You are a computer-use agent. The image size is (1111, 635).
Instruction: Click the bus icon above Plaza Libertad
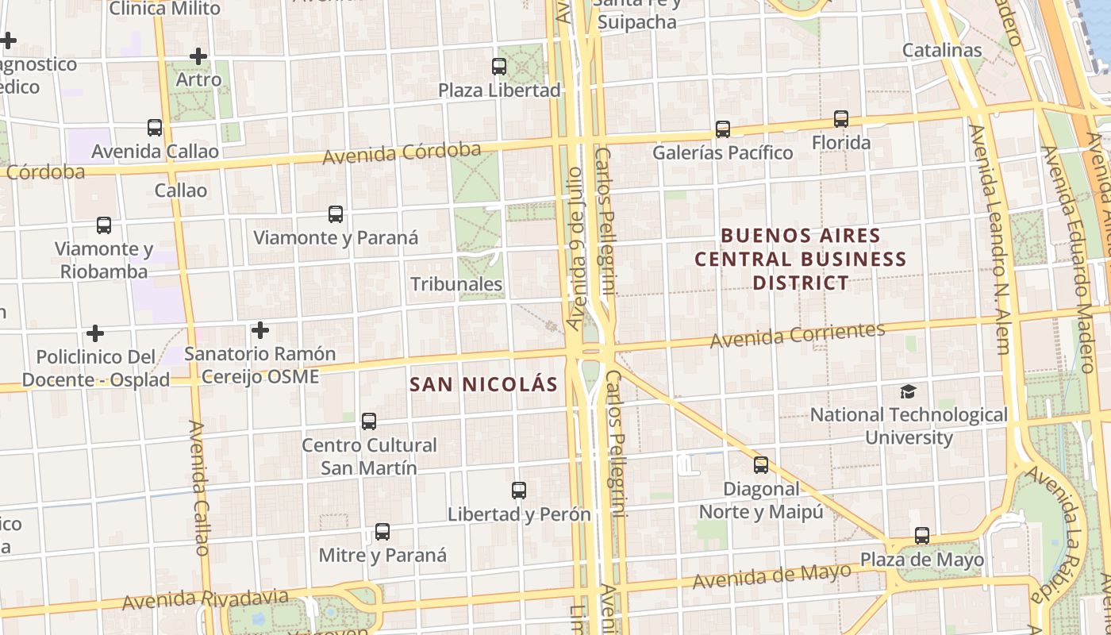click(x=499, y=67)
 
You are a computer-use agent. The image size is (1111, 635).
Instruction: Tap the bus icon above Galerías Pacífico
click(x=722, y=129)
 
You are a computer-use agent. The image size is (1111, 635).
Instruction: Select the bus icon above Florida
click(x=841, y=119)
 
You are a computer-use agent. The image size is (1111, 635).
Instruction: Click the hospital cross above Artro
click(x=198, y=56)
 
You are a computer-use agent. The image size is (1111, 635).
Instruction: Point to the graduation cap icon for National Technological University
click(x=908, y=391)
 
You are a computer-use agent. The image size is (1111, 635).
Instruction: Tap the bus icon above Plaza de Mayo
click(x=921, y=536)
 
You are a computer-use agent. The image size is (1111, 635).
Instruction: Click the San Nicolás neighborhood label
click(x=484, y=385)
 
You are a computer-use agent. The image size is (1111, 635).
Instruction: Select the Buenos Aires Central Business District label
click(x=801, y=259)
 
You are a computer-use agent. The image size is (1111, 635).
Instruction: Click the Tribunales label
click(x=456, y=284)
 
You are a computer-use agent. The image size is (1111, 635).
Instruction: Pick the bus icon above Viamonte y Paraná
click(x=336, y=214)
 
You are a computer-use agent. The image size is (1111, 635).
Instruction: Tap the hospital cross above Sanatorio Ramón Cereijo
click(x=260, y=330)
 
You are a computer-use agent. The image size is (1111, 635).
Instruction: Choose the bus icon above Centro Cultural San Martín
click(x=369, y=421)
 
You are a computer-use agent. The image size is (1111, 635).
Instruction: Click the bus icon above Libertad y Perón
click(x=519, y=491)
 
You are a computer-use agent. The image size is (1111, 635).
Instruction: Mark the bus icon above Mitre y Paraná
click(x=383, y=532)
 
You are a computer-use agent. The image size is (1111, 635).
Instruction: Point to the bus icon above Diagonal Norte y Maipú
click(x=761, y=465)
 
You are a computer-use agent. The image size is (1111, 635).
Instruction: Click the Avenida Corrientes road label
click(x=797, y=335)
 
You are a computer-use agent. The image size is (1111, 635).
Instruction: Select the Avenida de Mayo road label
click(x=771, y=575)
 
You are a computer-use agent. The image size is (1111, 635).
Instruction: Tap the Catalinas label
click(x=942, y=50)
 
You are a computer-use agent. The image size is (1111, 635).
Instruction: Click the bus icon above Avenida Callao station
click(x=155, y=128)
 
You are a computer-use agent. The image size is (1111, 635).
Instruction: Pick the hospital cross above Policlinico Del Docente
click(x=95, y=333)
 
